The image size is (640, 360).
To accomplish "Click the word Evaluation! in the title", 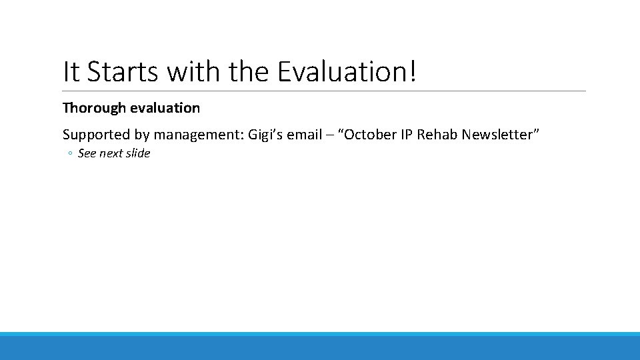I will [x=347, y=72].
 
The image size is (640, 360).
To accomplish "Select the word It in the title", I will [x=71, y=72].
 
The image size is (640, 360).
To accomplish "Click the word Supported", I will [x=97, y=135].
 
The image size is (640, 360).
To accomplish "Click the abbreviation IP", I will [x=407, y=135].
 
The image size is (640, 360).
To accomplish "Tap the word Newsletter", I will [x=500, y=135].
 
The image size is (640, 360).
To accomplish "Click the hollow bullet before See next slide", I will [x=70, y=154].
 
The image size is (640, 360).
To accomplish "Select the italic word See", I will [x=87, y=153].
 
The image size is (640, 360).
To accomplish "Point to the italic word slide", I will [x=138, y=153].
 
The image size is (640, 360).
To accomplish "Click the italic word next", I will [x=111, y=153].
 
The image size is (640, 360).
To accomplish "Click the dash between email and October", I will [x=331, y=135].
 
